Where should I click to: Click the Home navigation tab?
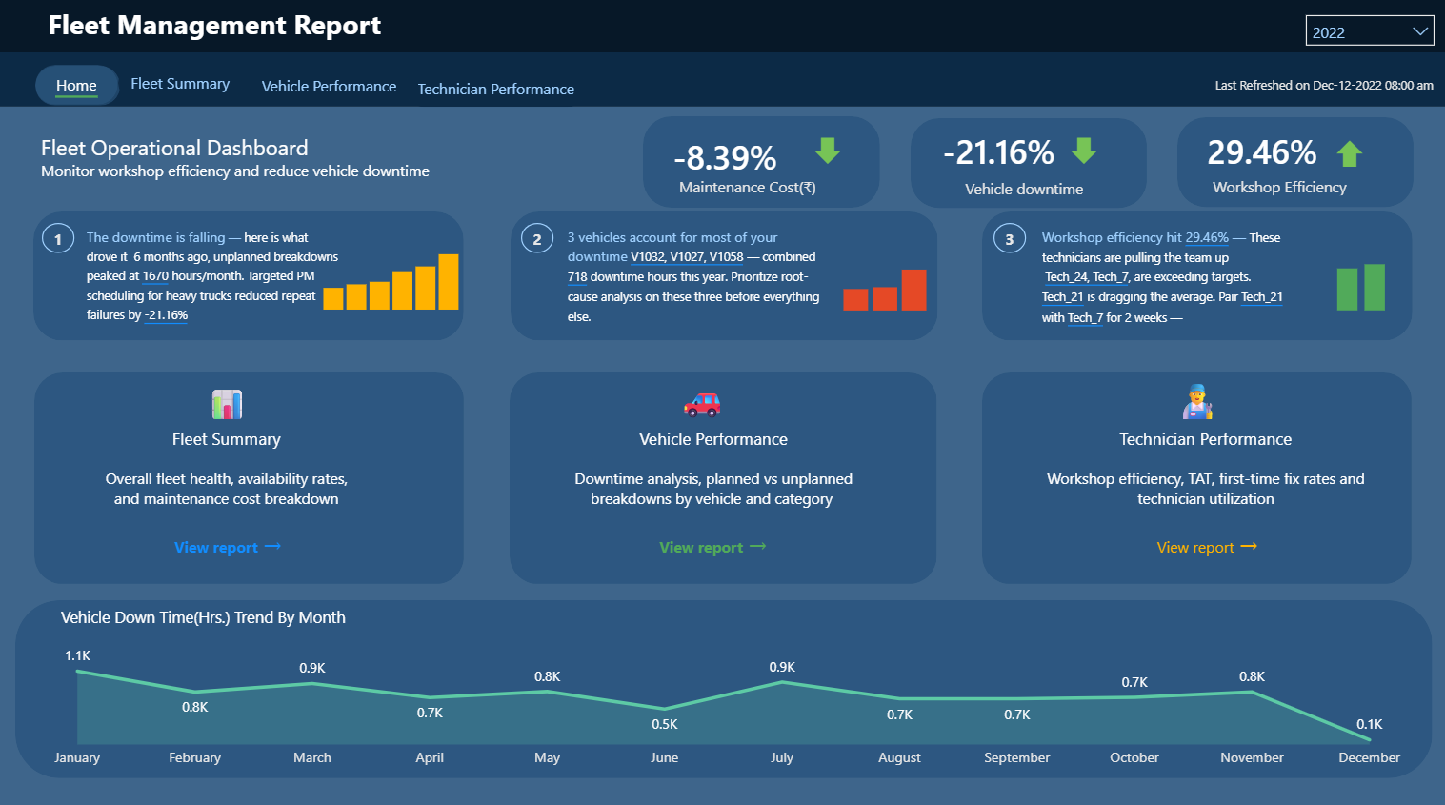coord(76,85)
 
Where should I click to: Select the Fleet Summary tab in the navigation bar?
coord(180,84)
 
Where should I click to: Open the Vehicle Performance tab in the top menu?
coord(329,86)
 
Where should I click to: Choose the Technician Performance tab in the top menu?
coord(495,89)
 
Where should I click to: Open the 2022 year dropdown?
coord(1369,31)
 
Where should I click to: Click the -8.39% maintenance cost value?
coord(725,157)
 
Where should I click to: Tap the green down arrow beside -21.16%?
coord(1084,151)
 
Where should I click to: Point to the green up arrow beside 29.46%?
coord(1349,153)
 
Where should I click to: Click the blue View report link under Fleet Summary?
coord(227,547)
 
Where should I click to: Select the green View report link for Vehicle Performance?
coord(712,547)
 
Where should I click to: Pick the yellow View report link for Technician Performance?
coord(1206,547)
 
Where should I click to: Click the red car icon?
coord(702,405)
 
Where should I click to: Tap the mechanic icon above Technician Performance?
coord(1197,402)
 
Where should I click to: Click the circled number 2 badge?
coord(537,239)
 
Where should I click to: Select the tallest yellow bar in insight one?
coord(449,282)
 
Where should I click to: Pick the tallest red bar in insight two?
coord(913,290)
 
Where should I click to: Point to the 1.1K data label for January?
coord(77,655)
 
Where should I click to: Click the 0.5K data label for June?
coord(665,724)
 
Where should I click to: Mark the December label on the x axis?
coord(1369,757)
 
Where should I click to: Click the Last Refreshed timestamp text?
coord(1323,85)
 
